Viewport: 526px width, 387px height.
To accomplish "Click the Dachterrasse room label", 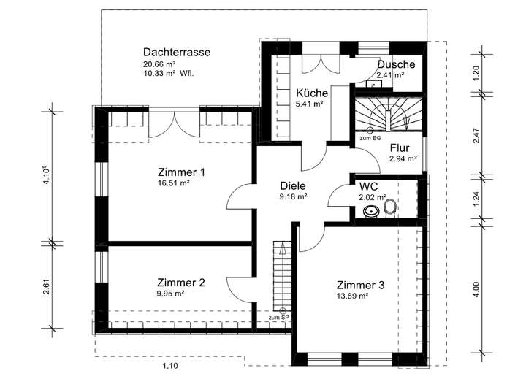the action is pyautogui.click(x=177, y=53).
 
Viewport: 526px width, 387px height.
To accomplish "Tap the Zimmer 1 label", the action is pyautogui.click(x=181, y=172).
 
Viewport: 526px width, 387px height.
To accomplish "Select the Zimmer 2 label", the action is pyautogui.click(x=181, y=283).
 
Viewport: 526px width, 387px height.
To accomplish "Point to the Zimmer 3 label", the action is pyautogui.click(x=361, y=285).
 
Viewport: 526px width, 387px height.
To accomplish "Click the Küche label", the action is pyautogui.click(x=312, y=93).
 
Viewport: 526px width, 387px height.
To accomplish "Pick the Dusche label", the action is pyautogui.click(x=396, y=64).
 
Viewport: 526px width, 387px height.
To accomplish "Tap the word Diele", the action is pyautogui.click(x=292, y=185).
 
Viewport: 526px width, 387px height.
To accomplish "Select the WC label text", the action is pyautogui.click(x=368, y=186).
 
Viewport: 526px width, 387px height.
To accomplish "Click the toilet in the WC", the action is pyautogui.click(x=390, y=208).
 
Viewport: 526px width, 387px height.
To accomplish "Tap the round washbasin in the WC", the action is pyautogui.click(x=370, y=211).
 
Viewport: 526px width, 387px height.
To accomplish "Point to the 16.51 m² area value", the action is pyautogui.click(x=173, y=184).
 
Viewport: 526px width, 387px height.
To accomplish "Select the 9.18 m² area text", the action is pyautogui.click(x=292, y=196).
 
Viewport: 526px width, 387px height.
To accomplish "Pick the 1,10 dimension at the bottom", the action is pyautogui.click(x=169, y=365).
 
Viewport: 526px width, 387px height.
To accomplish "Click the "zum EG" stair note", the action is pyautogui.click(x=370, y=138).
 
